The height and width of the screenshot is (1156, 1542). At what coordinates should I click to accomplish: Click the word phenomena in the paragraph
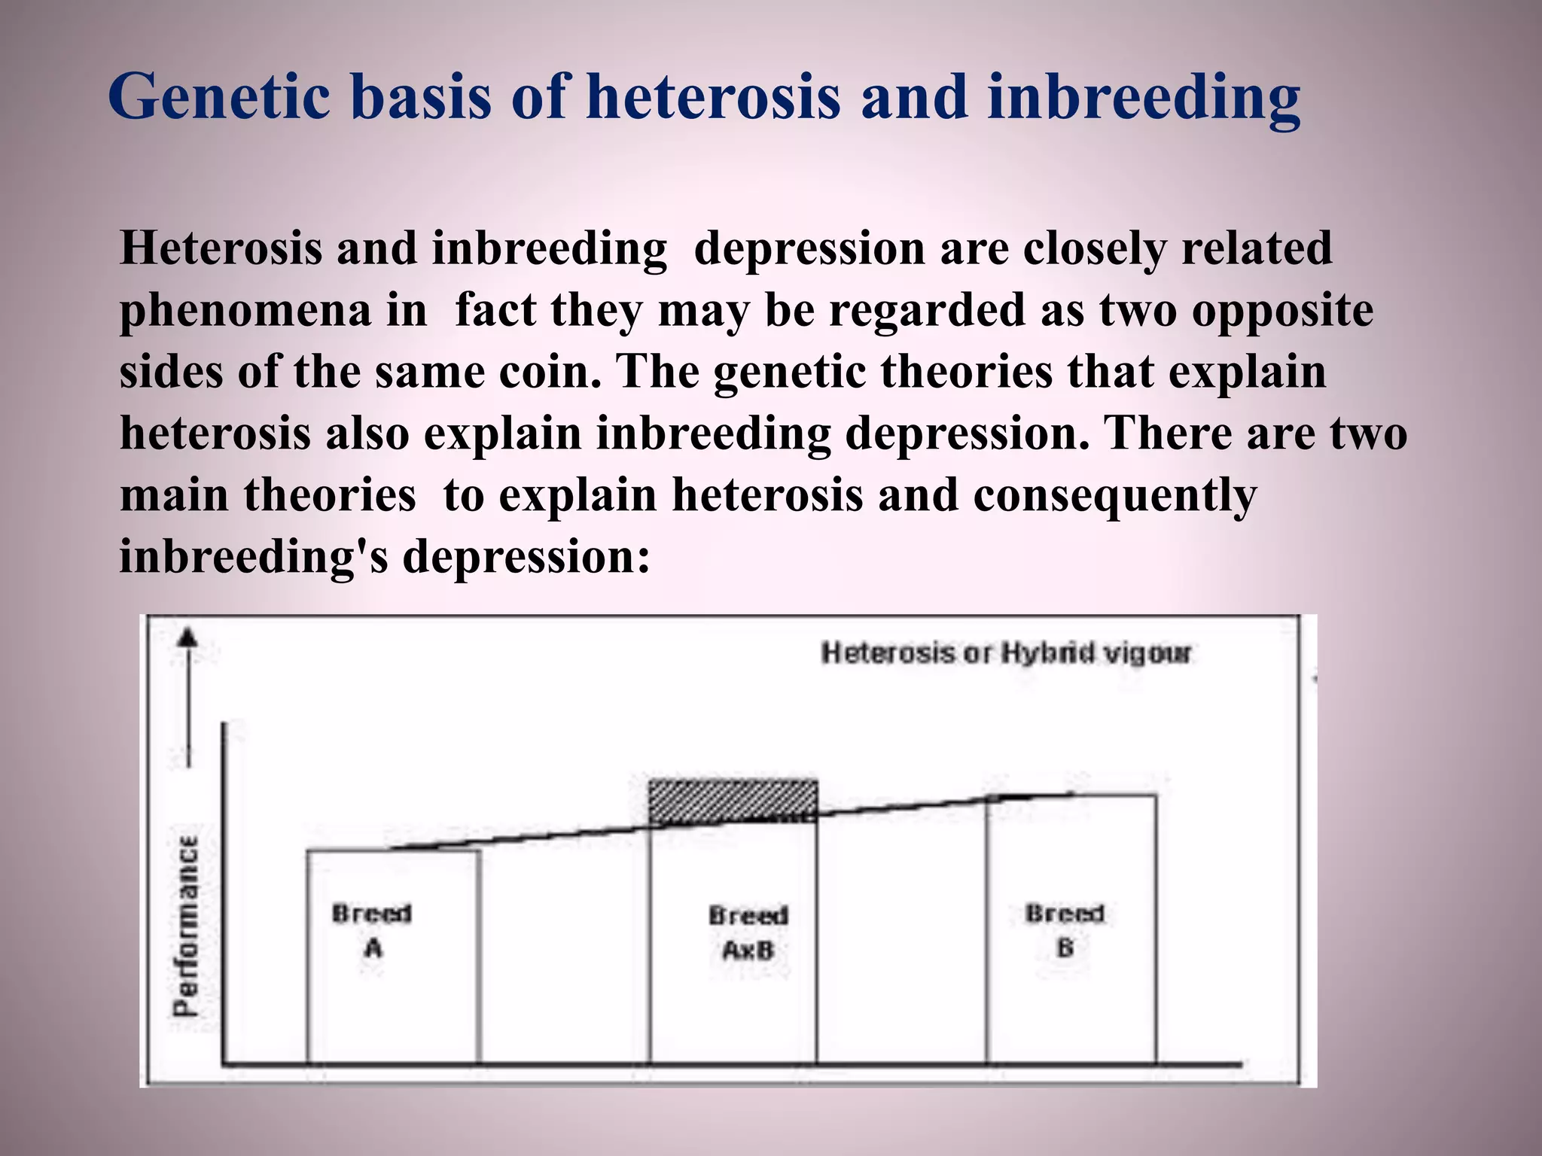point(245,310)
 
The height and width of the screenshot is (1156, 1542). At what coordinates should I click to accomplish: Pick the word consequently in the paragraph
point(1114,496)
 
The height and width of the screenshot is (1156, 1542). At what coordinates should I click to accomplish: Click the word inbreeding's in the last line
point(253,558)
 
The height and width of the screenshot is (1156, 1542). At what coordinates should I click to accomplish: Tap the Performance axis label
point(185,925)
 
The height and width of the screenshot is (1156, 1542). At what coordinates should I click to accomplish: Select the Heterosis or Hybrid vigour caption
point(1006,653)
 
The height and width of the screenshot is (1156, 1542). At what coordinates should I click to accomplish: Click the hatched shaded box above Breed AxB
point(733,801)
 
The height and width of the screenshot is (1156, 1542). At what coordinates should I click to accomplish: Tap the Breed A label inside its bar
point(372,931)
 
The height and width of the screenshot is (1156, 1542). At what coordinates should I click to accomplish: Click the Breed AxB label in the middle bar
point(748,933)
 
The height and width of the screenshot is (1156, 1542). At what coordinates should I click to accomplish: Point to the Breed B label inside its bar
point(1064,931)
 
